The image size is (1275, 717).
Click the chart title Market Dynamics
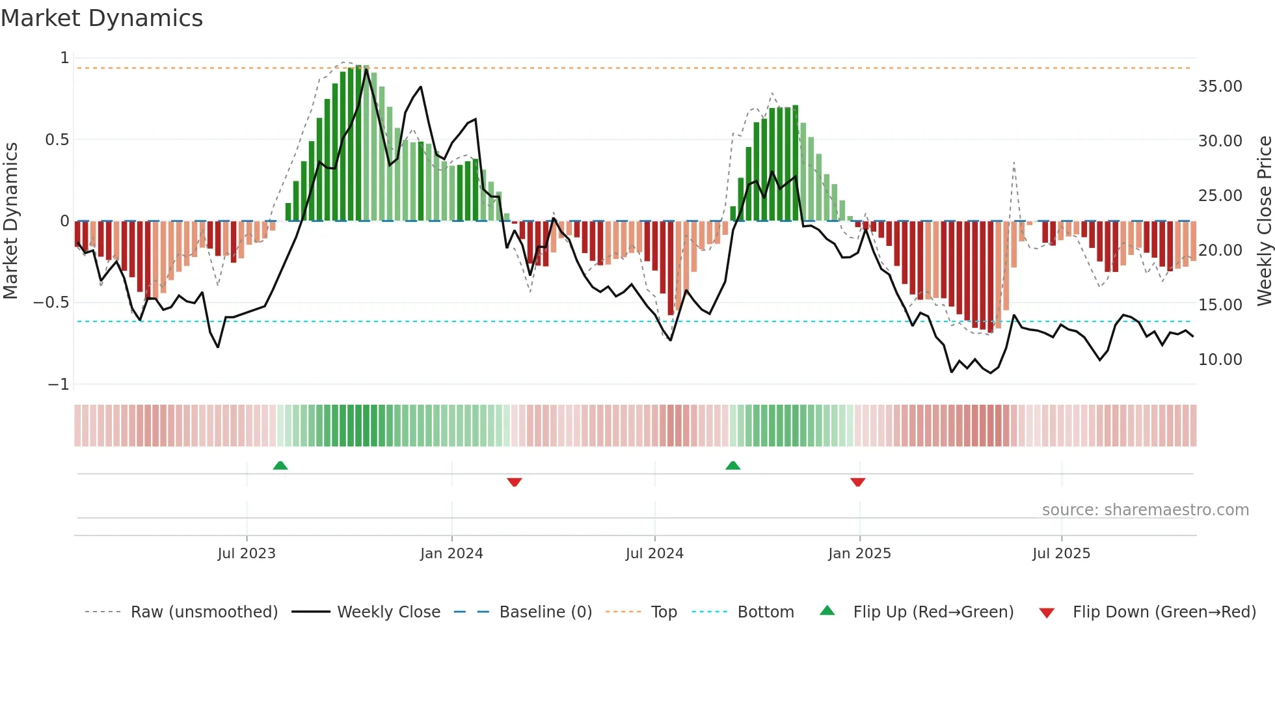pos(101,18)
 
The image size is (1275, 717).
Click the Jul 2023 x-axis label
pos(247,554)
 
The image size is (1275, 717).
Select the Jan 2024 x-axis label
pos(451,554)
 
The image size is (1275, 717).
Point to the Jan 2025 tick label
pos(859,554)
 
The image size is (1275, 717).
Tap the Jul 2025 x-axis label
pos(1061,554)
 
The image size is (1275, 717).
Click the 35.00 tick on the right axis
pos(1220,87)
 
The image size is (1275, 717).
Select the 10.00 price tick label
pos(1220,360)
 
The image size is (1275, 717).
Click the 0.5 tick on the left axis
pos(57,140)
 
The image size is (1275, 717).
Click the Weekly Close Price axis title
pos(1264,221)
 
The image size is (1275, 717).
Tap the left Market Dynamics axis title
pos(10,221)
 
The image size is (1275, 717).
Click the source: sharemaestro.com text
pos(1145,510)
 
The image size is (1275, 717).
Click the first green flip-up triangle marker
pos(280,465)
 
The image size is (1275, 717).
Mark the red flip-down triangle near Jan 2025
pos(857,482)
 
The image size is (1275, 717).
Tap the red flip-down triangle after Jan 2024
pos(515,482)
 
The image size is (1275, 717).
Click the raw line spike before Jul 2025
pos(1013,164)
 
